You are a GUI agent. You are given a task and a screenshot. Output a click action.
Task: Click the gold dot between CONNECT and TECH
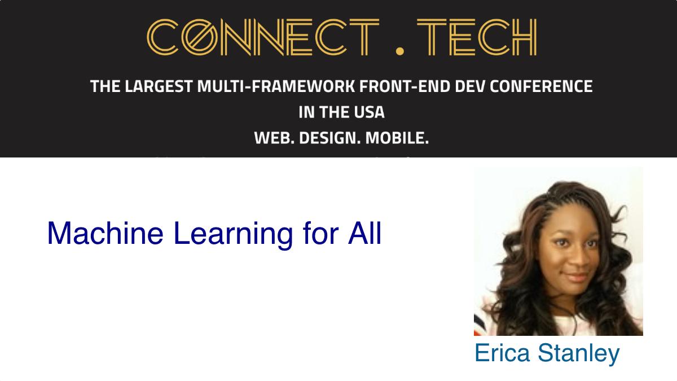pyautogui.click(x=399, y=51)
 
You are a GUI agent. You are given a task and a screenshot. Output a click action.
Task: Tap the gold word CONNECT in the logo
pyautogui.click(x=263, y=37)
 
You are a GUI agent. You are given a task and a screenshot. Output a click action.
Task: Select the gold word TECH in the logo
pyautogui.click(x=477, y=37)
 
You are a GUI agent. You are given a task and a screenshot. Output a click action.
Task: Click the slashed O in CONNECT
pyautogui.click(x=200, y=37)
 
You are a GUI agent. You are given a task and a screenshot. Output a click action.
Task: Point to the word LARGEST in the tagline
pyautogui.click(x=159, y=86)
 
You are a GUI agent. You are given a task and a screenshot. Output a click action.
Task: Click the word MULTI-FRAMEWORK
pyautogui.click(x=276, y=86)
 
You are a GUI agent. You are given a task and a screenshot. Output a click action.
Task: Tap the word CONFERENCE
pyautogui.click(x=541, y=86)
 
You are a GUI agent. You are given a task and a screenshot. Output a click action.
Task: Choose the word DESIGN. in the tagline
pyautogui.click(x=330, y=138)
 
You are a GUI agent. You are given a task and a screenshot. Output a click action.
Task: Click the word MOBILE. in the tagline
pyautogui.click(x=397, y=138)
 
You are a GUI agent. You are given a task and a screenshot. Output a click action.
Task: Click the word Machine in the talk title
pyautogui.click(x=105, y=233)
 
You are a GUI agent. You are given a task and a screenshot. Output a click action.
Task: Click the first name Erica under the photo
pyautogui.click(x=502, y=353)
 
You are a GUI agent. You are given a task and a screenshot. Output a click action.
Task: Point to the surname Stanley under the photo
pyautogui.click(x=579, y=354)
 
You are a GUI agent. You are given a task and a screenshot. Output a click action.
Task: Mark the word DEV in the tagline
pyautogui.click(x=470, y=86)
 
